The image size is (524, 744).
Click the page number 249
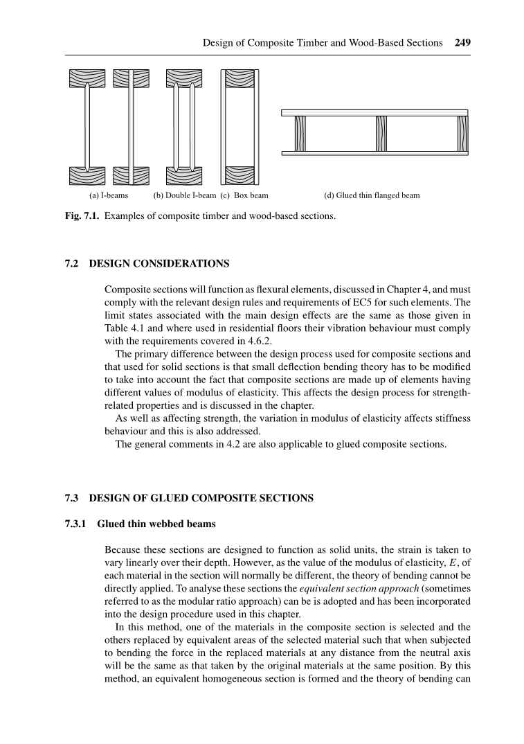tap(463, 43)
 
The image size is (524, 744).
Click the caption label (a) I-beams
tap(102, 195)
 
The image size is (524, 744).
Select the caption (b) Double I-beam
tap(184, 195)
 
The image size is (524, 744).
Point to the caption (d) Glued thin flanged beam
tap(372, 195)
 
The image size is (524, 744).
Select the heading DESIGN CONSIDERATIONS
tap(159, 264)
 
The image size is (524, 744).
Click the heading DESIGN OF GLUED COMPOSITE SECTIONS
tap(201, 498)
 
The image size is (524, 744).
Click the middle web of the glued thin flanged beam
tap(380, 132)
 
